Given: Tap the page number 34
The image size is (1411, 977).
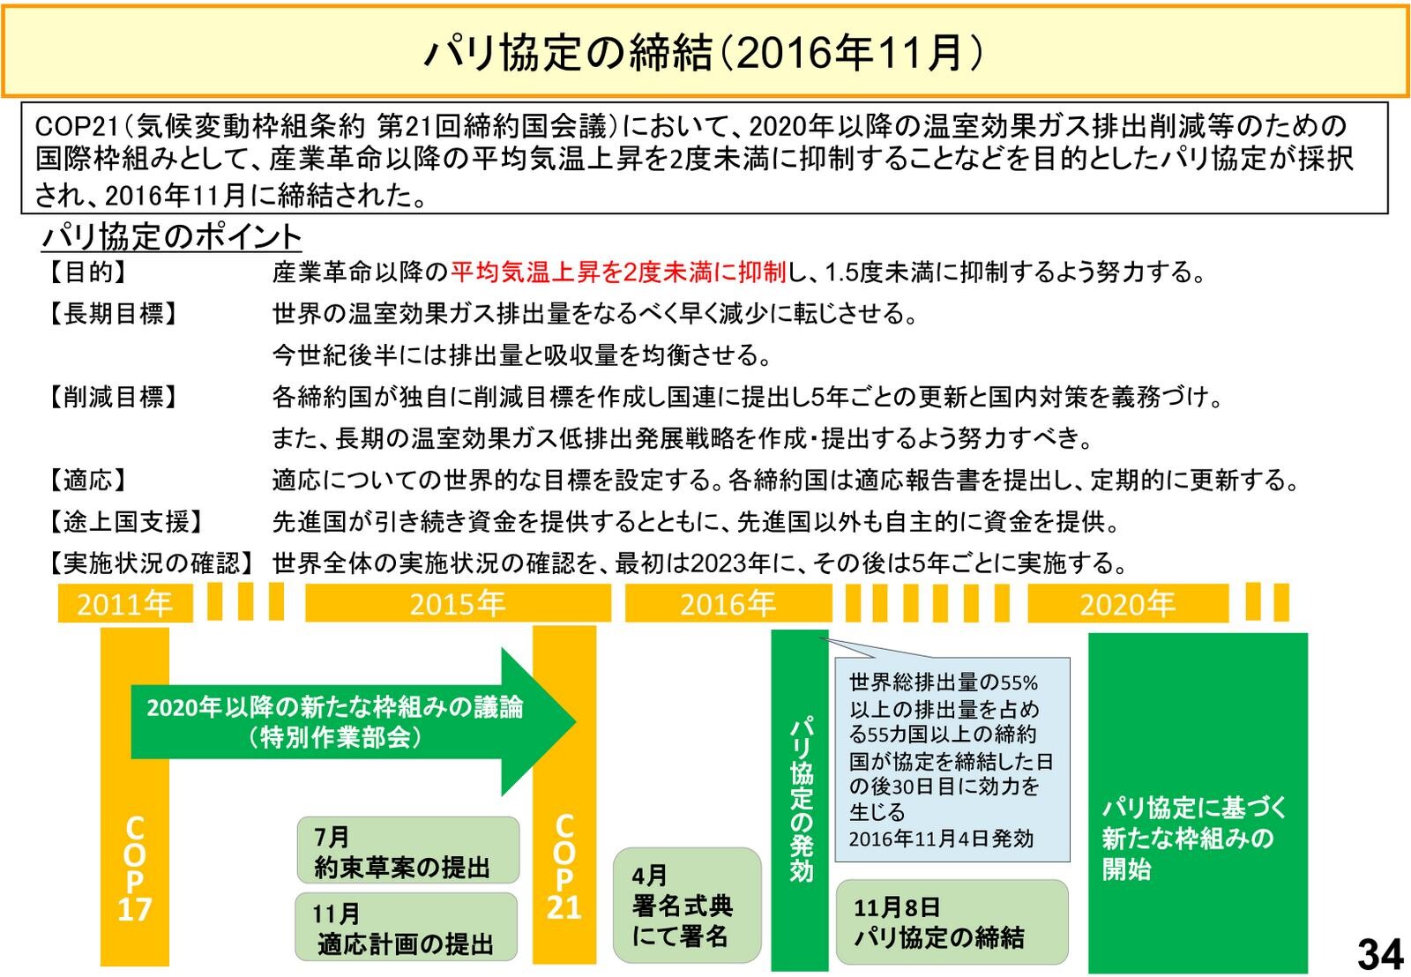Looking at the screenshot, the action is click(x=1378, y=953).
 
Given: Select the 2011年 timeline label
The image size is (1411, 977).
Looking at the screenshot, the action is click(x=124, y=604).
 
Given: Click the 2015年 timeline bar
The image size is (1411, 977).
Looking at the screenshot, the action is click(x=457, y=604).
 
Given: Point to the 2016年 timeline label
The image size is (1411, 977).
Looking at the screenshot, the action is click(x=728, y=604).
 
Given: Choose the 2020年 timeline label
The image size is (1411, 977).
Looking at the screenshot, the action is click(x=1127, y=604).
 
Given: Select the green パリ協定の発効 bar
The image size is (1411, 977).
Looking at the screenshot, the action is click(x=800, y=798).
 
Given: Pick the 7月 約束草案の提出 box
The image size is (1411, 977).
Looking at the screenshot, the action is click(x=407, y=851).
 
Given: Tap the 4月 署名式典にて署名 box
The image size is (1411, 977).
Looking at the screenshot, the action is click(x=686, y=905).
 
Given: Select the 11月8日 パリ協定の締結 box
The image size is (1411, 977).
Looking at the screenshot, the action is click(x=951, y=921).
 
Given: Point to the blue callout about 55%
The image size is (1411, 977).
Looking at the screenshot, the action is click(x=952, y=758).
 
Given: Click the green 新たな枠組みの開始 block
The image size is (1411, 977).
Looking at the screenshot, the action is click(x=1197, y=802).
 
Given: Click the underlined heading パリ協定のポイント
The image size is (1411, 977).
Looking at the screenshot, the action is click(x=172, y=236).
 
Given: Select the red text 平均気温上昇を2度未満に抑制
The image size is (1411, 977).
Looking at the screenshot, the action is click(x=617, y=272).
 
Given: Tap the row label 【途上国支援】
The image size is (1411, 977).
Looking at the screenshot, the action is click(x=125, y=522).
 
